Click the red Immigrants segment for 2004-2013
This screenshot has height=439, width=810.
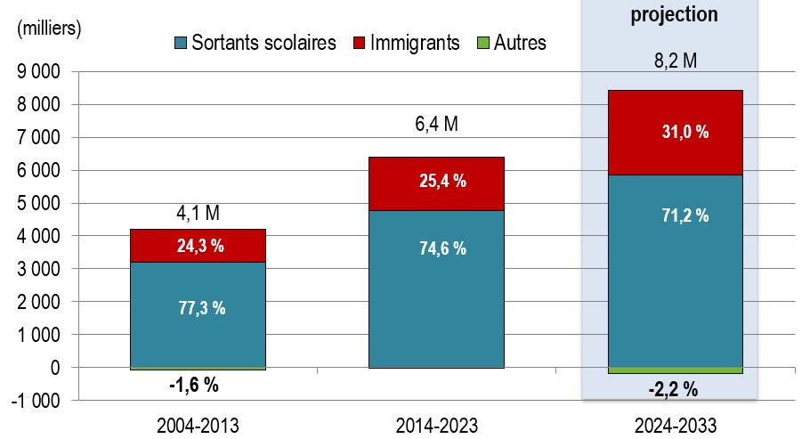click(x=198, y=246)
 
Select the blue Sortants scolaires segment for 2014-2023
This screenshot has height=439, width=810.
click(x=436, y=289)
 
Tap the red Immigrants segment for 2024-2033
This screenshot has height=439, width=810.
click(x=676, y=133)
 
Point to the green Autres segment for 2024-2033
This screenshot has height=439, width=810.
click(x=676, y=370)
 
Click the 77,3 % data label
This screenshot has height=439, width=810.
click(x=202, y=308)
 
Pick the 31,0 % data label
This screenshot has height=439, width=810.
click(x=685, y=132)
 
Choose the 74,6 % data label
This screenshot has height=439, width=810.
click(x=442, y=248)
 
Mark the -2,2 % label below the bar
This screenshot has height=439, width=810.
click(x=673, y=389)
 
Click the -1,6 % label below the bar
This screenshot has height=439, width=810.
click(x=194, y=385)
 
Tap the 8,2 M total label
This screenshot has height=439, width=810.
click(x=676, y=61)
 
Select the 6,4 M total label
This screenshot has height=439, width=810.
click(x=436, y=124)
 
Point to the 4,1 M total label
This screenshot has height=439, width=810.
click(x=198, y=213)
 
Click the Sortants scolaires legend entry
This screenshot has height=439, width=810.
click(x=255, y=43)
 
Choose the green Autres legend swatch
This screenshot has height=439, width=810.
click(x=482, y=43)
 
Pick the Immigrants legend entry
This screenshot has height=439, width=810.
click(x=407, y=43)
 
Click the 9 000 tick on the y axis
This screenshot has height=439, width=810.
click(x=39, y=72)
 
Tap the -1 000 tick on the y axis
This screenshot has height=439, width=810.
click(x=35, y=401)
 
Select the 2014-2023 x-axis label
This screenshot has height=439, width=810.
click(x=436, y=426)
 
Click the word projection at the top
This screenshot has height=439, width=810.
click(x=674, y=14)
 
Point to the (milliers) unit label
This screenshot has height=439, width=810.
click(x=49, y=28)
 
